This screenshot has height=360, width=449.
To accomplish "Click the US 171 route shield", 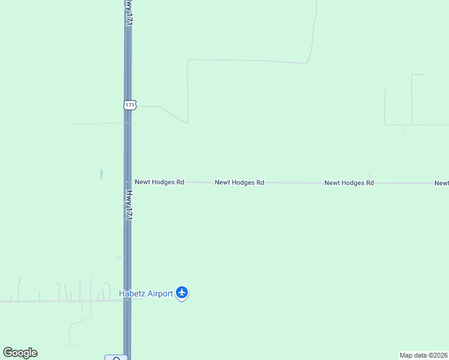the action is (130, 104).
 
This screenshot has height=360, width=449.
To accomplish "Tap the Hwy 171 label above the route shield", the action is (128, 13).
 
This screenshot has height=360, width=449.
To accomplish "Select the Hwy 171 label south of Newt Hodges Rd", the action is (128, 206).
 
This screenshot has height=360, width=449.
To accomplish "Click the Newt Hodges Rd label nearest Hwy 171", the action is (159, 182).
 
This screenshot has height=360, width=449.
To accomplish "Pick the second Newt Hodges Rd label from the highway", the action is (240, 182).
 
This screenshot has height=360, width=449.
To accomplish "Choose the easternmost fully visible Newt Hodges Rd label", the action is (349, 183).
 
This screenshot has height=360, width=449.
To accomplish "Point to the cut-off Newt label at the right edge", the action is (442, 184).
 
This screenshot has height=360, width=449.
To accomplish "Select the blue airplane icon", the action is (182, 293).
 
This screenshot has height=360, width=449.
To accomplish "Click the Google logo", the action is (20, 353).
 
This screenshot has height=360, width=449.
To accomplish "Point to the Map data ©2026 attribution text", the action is (424, 355).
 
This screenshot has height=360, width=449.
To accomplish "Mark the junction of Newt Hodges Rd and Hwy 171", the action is (128, 182).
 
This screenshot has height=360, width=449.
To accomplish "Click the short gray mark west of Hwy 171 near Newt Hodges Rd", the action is (101, 174).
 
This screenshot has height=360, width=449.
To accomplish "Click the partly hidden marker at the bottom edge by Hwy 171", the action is (116, 358).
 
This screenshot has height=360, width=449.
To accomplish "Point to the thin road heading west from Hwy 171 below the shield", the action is (96, 124).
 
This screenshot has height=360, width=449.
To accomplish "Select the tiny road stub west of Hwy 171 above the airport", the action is (119, 257).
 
